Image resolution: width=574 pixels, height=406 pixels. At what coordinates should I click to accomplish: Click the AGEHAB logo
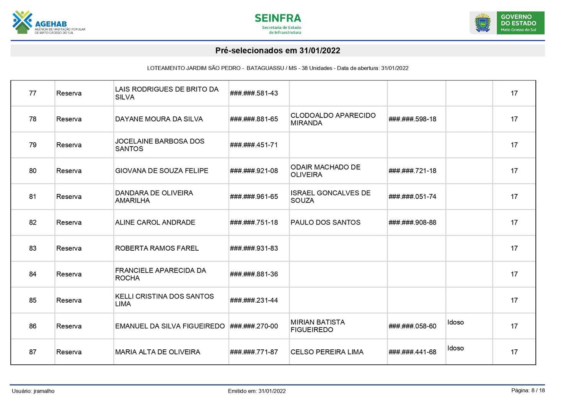point(48,23)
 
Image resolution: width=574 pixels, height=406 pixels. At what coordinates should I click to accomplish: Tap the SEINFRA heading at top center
point(278,18)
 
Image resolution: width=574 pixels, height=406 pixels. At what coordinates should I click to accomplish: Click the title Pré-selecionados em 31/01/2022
point(278,51)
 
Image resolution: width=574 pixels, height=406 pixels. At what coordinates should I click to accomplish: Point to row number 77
point(33,93)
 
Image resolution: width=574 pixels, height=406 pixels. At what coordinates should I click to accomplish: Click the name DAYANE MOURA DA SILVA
point(159,119)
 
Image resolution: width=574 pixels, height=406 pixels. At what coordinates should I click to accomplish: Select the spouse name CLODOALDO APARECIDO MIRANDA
point(333,119)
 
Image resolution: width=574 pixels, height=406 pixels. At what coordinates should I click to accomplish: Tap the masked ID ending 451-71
point(254,145)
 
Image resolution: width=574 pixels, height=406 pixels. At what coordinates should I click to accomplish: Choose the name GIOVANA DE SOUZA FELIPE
point(161,171)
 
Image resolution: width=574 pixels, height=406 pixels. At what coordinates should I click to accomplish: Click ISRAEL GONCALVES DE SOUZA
point(330,197)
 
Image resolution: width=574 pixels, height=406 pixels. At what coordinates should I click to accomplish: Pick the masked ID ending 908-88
point(412,222)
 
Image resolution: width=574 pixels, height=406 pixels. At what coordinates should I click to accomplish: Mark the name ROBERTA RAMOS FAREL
point(157,248)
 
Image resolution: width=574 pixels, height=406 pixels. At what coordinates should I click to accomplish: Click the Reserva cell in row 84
point(69,274)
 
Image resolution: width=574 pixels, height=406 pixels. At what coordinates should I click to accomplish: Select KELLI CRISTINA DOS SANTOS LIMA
point(164,300)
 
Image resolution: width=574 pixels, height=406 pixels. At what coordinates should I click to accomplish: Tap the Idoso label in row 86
point(455,322)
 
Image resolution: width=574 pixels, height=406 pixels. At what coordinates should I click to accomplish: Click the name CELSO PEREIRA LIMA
point(327,352)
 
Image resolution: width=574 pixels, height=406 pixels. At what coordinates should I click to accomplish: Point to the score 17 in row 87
point(514,352)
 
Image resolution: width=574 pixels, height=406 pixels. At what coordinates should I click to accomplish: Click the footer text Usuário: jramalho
point(33,391)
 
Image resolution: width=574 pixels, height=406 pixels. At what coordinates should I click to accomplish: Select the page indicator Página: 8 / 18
point(528,390)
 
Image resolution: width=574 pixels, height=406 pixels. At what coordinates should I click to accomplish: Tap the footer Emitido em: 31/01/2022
point(257,391)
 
